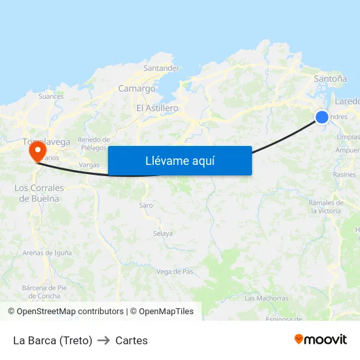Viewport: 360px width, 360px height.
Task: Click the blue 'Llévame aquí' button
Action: pos(180,160)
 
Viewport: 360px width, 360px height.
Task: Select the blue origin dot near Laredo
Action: pos(322,117)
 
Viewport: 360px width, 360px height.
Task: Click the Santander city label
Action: pos(161,68)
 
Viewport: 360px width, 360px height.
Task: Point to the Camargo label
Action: pos(137,88)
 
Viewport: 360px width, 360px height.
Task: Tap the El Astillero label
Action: pos(157,108)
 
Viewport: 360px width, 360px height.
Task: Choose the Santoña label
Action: pos(331,79)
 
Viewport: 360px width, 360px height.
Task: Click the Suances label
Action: pos(51,96)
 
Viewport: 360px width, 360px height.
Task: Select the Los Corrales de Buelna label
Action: pos(39,193)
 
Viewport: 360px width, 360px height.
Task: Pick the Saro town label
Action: pos(146,206)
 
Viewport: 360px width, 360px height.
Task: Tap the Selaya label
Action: pos(163,234)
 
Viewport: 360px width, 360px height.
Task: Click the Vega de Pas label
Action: pos(175,272)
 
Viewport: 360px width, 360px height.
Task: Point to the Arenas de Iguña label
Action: pos(48,253)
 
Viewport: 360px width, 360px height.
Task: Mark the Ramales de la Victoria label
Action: pos(325,207)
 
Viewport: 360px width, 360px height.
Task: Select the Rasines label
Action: pos(344,175)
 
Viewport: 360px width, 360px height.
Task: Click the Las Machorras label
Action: pos(266,298)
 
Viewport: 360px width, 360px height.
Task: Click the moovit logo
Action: pos(321,340)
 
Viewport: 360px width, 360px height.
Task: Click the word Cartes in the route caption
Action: pos(132,340)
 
